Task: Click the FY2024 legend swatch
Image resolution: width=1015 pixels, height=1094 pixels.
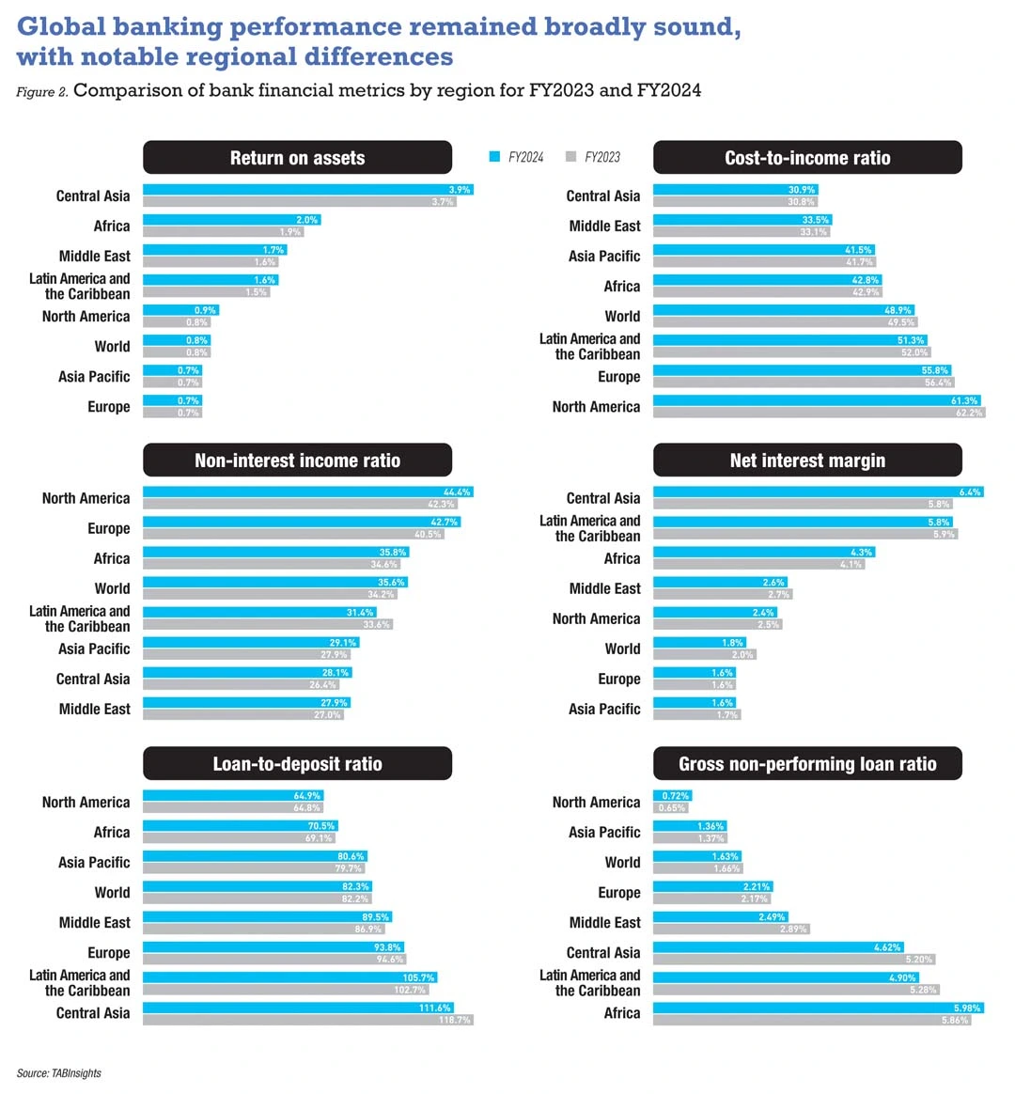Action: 494,157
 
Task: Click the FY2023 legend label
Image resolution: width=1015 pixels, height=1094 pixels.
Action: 601,157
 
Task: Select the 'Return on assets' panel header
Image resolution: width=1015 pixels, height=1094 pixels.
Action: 297,158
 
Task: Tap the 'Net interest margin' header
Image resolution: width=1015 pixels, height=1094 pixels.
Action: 807,461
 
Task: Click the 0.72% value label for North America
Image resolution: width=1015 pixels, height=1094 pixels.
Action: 676,796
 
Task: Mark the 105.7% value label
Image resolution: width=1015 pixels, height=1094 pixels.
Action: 417,977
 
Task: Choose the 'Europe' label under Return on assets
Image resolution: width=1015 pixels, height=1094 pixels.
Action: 109,407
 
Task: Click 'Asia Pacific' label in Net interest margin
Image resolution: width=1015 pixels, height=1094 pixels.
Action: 604,710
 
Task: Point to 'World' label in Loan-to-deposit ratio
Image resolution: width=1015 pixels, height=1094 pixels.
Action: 112,893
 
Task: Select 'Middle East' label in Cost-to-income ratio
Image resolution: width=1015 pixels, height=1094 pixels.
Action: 604,227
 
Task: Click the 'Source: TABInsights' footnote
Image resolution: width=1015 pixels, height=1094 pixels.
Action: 58,1073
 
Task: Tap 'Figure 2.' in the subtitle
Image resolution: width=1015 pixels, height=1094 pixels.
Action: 41,92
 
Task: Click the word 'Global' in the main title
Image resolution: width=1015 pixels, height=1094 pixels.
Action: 62,26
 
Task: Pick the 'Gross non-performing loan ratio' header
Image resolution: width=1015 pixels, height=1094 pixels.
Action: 807,764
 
